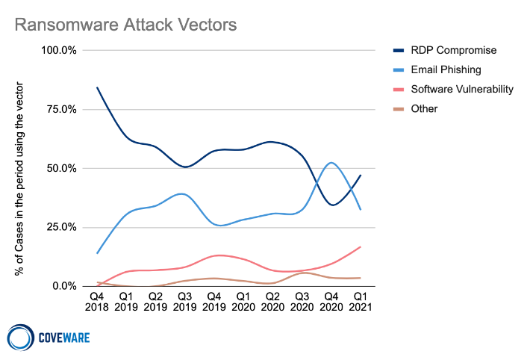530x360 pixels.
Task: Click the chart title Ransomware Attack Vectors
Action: [126, 25]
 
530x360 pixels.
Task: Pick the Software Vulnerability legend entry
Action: [463, 89]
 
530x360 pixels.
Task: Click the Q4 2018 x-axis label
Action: [98, 300]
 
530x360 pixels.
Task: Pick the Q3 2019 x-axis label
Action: [185, 300]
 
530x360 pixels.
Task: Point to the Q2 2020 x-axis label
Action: [273, 300]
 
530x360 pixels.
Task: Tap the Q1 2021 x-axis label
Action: [361, 300]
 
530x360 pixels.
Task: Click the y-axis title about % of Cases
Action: [19, 168]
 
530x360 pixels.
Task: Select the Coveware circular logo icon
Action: [20, 337]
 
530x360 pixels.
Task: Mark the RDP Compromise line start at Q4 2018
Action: [98, 87]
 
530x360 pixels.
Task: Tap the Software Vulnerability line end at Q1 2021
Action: [361, 246]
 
